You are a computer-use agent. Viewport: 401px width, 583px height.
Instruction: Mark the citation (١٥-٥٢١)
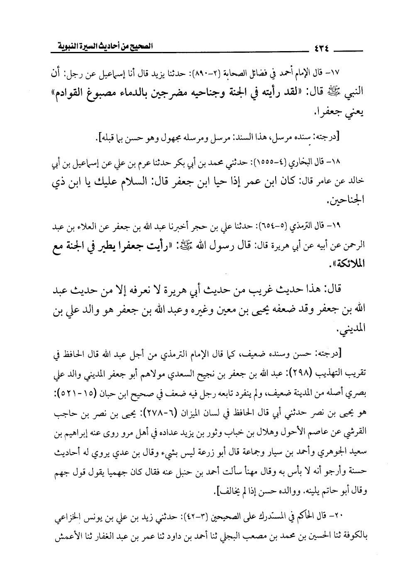(74, 396)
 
